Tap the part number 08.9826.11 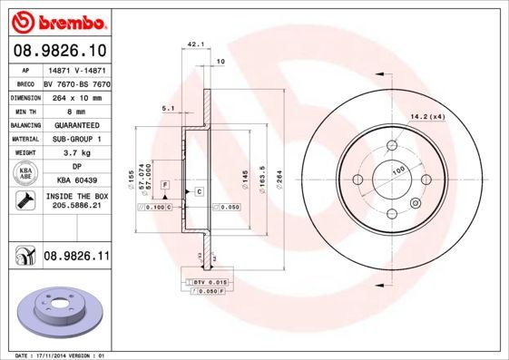point(76,258)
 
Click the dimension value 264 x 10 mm point(76,95)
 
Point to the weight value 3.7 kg point(76,153)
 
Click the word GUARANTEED point(76,124)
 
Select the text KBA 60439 point(76,181)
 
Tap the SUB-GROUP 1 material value point(76,139)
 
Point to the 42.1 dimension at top point(193,44)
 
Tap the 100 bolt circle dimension point(397,170)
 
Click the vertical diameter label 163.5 point(262,173)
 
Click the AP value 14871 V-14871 point(76,69)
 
